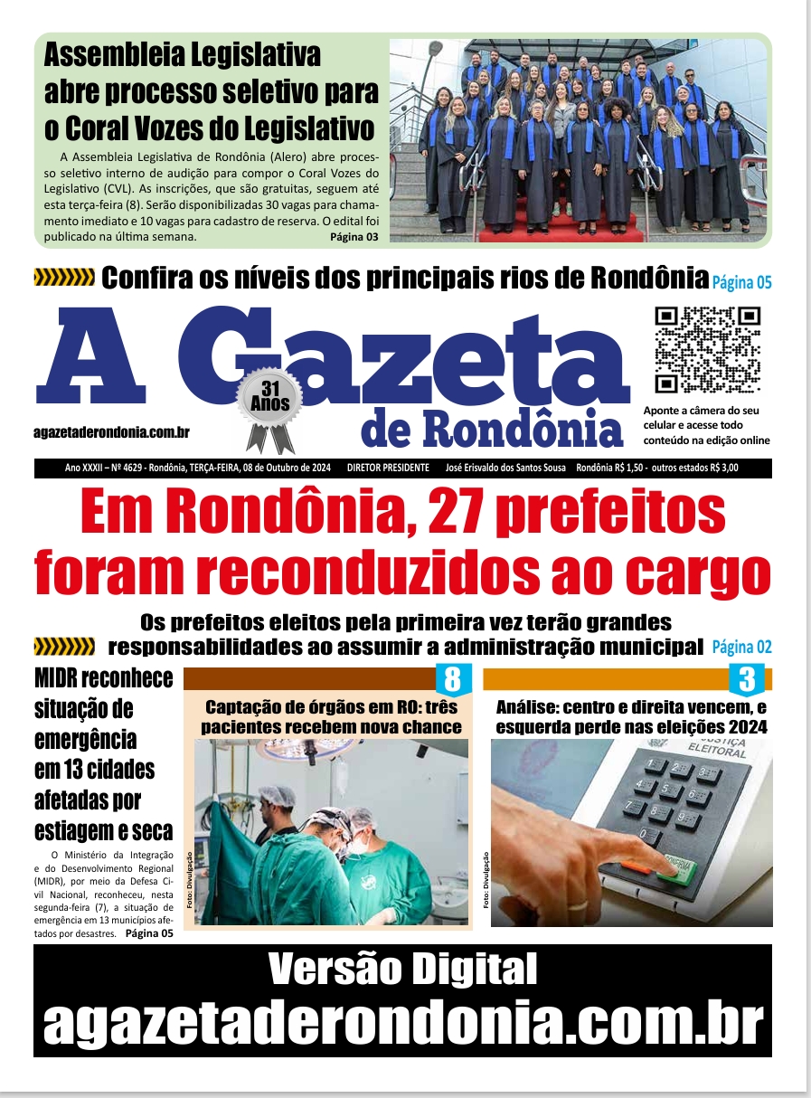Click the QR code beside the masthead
click(x=707, y=349)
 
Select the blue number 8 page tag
click(x=454, y=678)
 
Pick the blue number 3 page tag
click(x=747, y=678)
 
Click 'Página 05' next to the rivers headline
click(x=741, y=282)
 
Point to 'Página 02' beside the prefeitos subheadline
click(x=741, y=647)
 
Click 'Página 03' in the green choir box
click(x=354, y=237)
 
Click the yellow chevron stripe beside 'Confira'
click(x=63, y=278)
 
